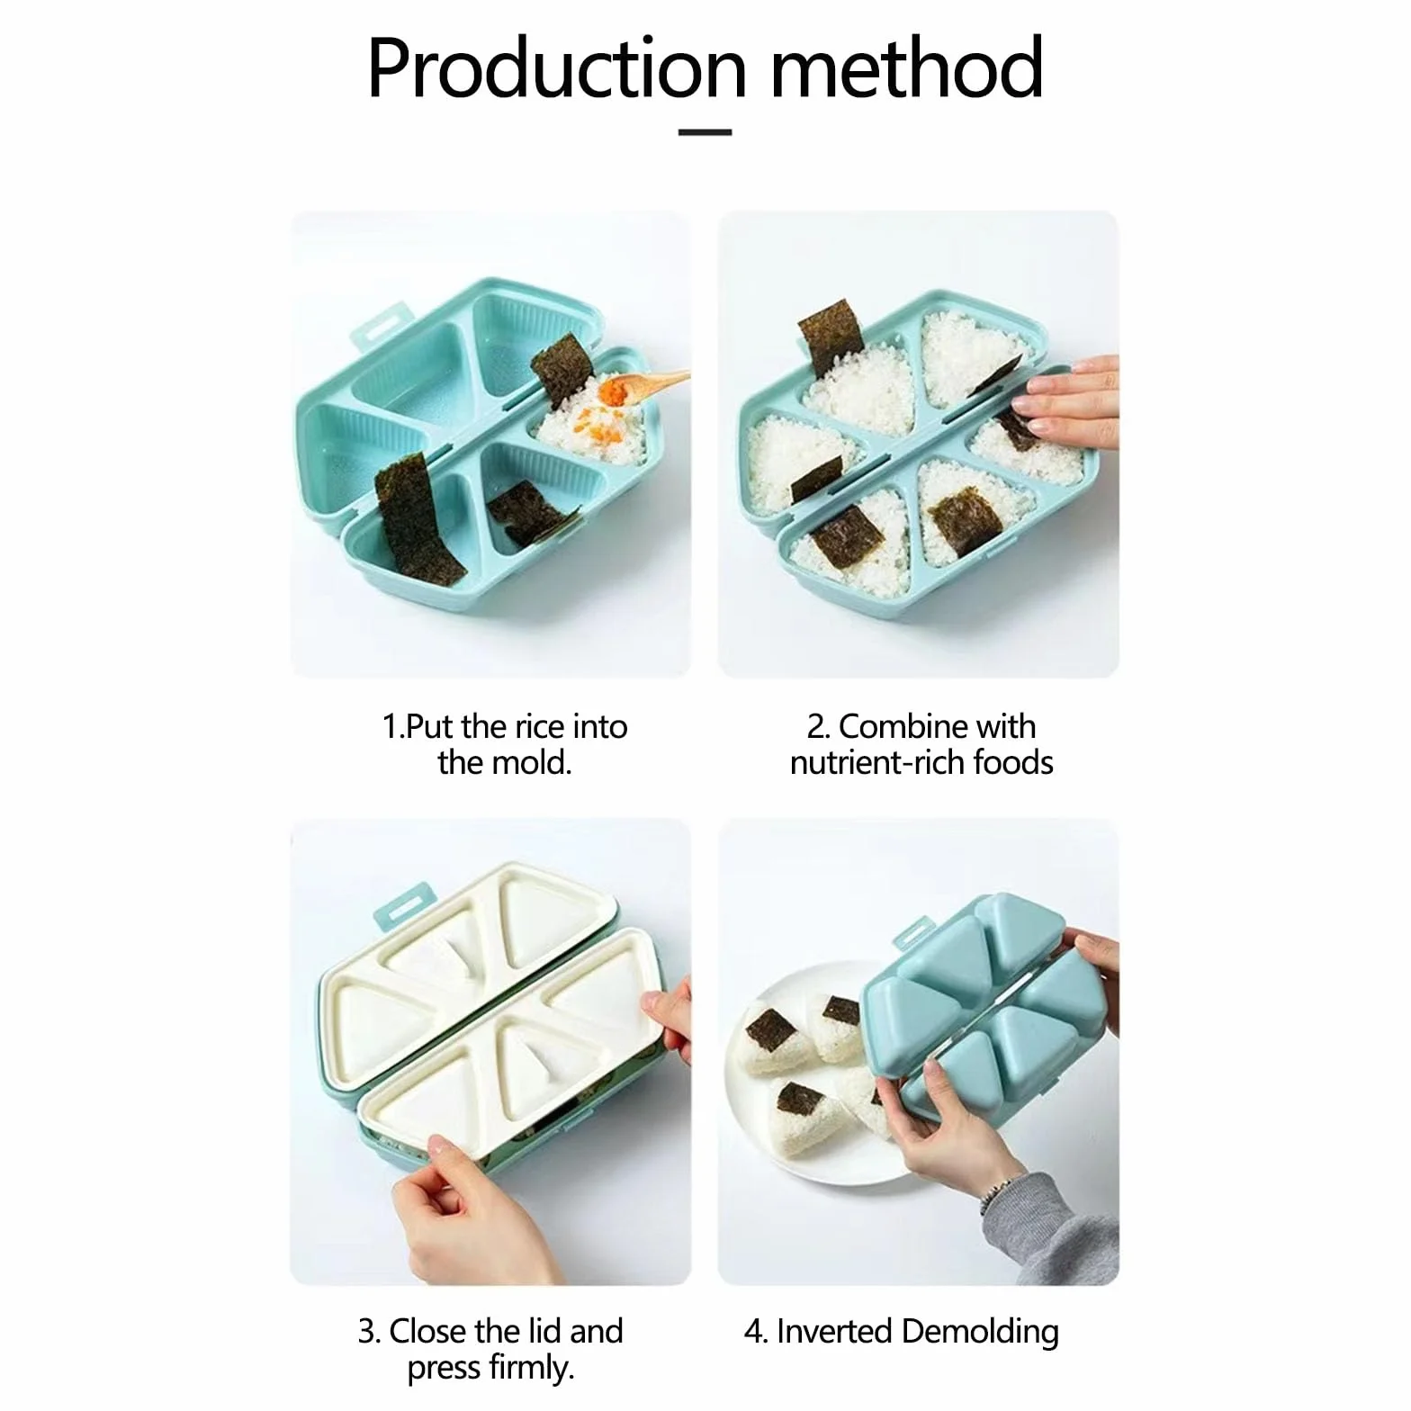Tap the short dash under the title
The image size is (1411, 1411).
705,132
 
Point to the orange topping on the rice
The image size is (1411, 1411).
613,393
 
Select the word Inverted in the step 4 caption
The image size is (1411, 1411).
833,1332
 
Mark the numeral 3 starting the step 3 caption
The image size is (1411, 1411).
366,1332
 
